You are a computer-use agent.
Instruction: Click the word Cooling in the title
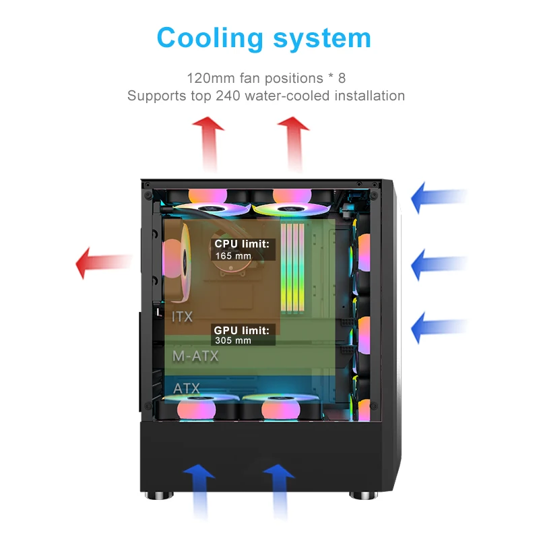[x=207, y=38]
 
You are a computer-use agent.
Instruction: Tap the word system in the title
[x=318, y=38]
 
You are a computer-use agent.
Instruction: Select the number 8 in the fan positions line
[x=342, y=78]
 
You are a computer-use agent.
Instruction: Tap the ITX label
[x=182, y=317]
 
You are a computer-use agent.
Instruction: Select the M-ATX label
[x=195, y=356]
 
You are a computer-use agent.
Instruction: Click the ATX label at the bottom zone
[x=187, y=389]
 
